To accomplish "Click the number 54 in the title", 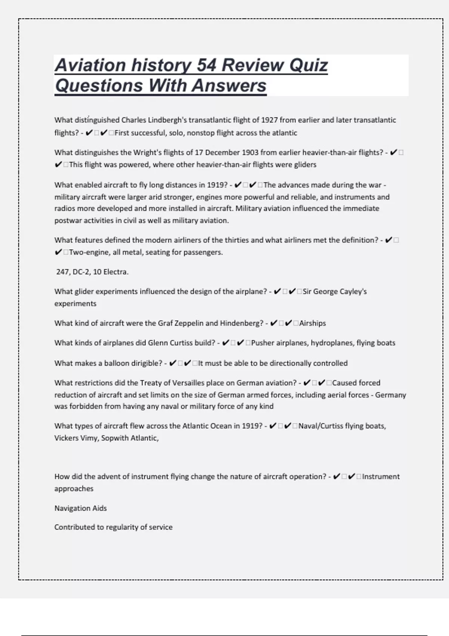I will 206,65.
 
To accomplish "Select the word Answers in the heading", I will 229,85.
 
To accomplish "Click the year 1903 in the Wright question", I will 250,152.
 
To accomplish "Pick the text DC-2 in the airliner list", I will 80,272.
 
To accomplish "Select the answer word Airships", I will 312,323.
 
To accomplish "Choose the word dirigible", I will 146,363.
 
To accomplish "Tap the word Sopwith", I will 114,438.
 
